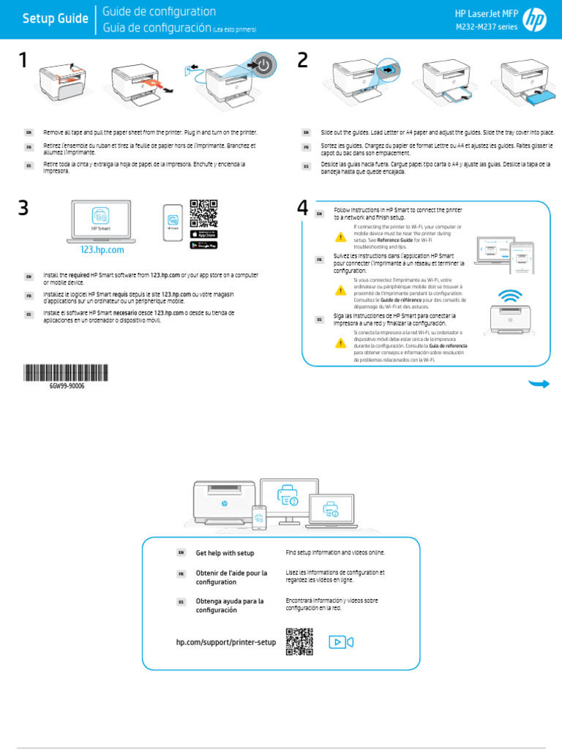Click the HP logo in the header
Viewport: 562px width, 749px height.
pyautogui.click(x=536, y=20)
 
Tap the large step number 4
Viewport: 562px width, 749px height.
pyautogui.click(x=303, y=208)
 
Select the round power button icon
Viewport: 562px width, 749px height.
pyautogui.click(x=263, y=65)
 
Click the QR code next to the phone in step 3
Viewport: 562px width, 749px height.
pyautogui.click(x=203, y=213)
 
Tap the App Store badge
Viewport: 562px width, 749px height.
pyautogui.click(x=203, y=234)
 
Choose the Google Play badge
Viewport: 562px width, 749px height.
pyautogui.click(x=203, y=244)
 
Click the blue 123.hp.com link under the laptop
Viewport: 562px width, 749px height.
pyautogui.click(x=102, y=249)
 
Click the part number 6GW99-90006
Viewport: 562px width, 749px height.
pyautogui.click(x=66, y=385)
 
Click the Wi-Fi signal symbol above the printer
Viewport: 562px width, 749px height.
pyautogui.click(x=510, y=295)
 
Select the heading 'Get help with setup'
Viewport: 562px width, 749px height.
pyautogui.click(x=225, y=553)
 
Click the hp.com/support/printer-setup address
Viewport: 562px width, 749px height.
pyautogui.click(x=226, y=641)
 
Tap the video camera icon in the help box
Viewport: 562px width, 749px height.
pyautogui.click(x=340, y=641)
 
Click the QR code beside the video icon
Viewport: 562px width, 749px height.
pyautogui.click(x=299, y=641)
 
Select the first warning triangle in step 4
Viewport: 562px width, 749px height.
pyautogui.click(x=340, y=236)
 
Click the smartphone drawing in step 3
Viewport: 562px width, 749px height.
pyautogui.click(x=173, y=219)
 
